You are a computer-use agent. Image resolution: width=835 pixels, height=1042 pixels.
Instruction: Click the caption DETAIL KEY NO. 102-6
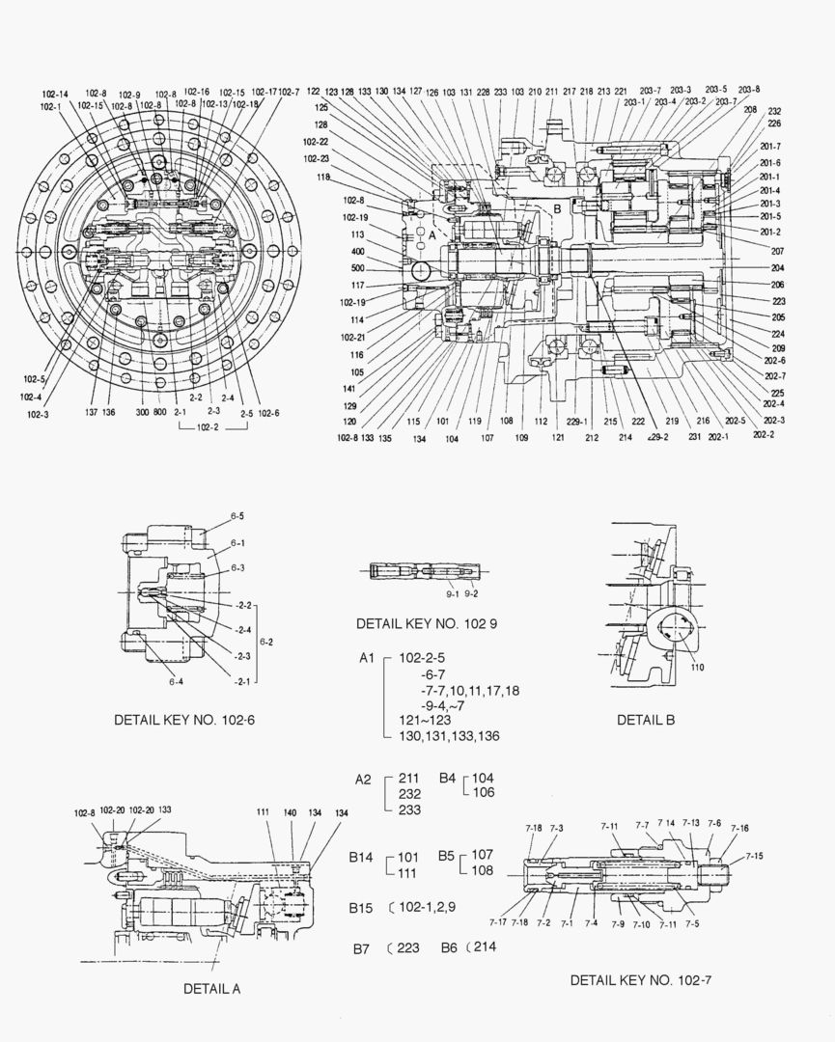[x=183, y=720]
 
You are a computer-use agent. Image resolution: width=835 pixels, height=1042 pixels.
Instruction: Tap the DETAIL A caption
[x=211, y=988]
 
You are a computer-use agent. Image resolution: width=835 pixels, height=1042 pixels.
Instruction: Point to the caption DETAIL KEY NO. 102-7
[x=640, y=980]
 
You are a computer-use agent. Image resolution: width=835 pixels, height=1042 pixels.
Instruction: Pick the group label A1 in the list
[x=366, y=658]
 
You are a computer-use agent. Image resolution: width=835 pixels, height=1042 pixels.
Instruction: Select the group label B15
[x=361, y=908]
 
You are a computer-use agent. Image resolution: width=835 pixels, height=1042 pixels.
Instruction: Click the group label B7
[x=360, y=948]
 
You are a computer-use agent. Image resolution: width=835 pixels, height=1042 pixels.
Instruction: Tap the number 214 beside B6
[x=484, y=946]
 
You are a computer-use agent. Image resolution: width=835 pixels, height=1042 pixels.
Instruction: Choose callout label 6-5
[x=237, y=516]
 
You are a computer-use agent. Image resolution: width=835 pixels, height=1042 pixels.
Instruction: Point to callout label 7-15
[x=753, y=856]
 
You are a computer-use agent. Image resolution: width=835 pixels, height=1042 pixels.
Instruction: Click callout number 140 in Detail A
[x=290, y=814]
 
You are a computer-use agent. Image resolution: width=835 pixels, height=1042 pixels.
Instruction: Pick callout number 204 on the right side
[x=777, y=268]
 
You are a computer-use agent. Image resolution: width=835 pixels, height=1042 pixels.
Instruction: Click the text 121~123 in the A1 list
[x=421, y=721]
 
